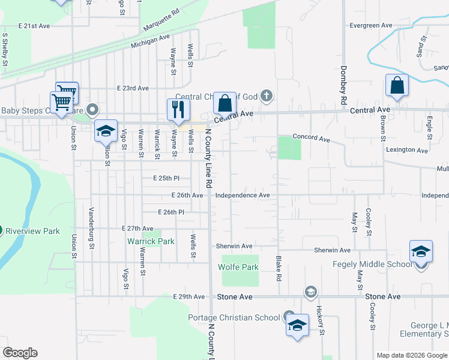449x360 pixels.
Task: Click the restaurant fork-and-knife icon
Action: click(x=178, y=109)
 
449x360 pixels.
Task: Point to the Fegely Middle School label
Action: click(x=372, y=264)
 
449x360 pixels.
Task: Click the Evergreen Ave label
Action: click(x=371, y=26)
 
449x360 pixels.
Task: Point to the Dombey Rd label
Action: click(x=344, y=84)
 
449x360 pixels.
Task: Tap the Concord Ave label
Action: click(x=311, y=139)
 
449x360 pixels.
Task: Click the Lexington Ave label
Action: click(x=406, y=150)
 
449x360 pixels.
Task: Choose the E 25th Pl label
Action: click(x=166, y=178)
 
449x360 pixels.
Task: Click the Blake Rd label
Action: click(x=278, y=267)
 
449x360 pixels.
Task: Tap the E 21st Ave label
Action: click(x=34, y=26)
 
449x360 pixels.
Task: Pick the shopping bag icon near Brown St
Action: click(x=397, y=86)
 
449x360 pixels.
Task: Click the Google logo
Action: click(x=20, y=353)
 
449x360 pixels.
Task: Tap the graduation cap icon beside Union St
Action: click(x=105, y=131)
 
